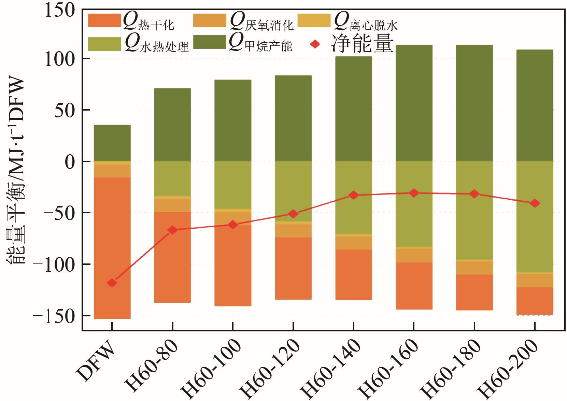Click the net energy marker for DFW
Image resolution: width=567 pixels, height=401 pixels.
click(x=112, y=283)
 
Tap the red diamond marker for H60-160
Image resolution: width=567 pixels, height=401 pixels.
click(x=414, y=193)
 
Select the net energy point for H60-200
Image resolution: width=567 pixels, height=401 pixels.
click(x=535, y=203)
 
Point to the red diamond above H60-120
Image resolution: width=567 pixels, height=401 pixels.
click(x=293, y=214)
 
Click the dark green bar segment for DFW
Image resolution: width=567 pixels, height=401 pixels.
click(x=112, y=143)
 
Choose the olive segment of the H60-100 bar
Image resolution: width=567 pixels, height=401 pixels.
click(x=233, y=185)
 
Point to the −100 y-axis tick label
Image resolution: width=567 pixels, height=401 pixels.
click(x=54, y=265)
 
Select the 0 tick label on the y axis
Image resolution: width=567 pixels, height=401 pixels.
click(x=70, y=162)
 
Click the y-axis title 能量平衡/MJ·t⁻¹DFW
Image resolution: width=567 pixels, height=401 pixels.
click(x=16, y=171)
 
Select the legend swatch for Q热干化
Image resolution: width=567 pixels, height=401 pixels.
click(x=104, y=21)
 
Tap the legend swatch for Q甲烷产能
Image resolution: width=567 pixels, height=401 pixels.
click(x=210, y=42)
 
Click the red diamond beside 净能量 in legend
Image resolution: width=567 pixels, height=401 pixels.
click(x=315, y=44)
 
